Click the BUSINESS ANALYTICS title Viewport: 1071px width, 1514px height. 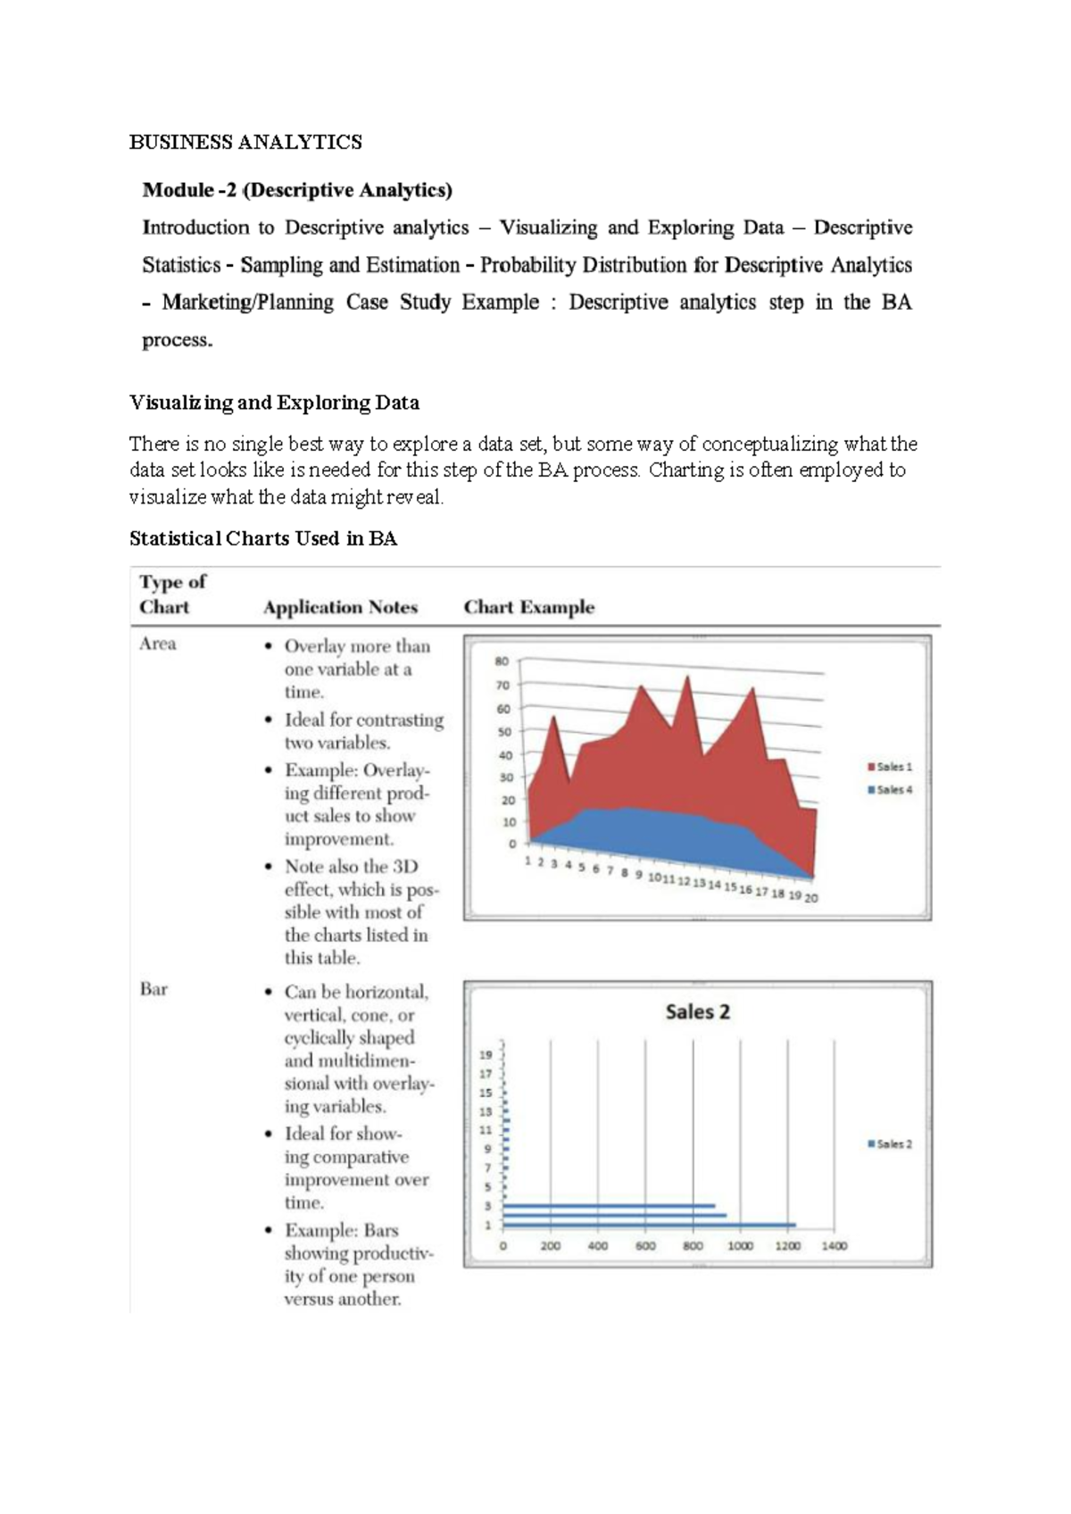coord(245,142)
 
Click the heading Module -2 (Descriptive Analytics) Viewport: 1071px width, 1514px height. coord(297,190)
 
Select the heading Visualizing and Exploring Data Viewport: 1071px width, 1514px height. coord(274,403)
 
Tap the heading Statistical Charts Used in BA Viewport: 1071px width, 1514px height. coord(263,538)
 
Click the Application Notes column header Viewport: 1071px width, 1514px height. coord(340,607)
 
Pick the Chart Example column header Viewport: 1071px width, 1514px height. coord(528,607)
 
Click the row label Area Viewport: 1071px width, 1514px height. coord(158,644)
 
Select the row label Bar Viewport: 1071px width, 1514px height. coord(154,989)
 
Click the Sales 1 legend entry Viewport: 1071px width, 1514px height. coord(890,767)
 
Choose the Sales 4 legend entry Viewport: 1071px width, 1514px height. coord(890,790)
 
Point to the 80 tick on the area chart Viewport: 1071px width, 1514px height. coord(502,661)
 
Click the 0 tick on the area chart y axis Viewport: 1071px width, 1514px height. coord(512,844)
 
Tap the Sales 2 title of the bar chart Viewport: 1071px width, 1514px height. coord(697,1011)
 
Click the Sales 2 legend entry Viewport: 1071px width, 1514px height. coord(890,1144)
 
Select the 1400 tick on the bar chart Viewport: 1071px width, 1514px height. coord(834,1246)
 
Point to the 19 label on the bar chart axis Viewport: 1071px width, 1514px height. coord(486,1055)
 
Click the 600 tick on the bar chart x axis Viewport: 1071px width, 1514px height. coord(645,1246)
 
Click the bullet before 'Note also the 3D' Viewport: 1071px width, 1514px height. coord(269,867)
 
